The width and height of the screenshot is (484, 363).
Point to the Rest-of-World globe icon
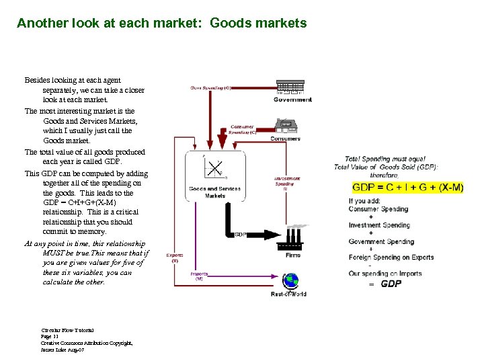[289, 280]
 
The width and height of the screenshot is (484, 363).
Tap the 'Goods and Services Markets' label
[216, 192]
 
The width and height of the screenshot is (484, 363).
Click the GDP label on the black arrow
[241, 235]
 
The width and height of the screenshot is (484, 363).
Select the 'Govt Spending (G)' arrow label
[210, 88]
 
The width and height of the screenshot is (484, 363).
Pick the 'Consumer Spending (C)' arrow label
[243, 129]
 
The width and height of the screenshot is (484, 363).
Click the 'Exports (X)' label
[175, 257]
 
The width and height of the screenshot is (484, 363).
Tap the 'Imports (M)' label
[199, 276]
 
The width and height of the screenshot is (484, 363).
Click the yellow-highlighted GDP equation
[407, 187]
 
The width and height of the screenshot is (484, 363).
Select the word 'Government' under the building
[292, 100]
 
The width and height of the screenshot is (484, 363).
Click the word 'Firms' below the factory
[292, 255]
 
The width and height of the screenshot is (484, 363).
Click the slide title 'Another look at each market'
[161, 24]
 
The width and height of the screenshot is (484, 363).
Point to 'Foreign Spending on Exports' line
[391, 257]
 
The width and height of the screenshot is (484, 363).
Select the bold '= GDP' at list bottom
[386, 284]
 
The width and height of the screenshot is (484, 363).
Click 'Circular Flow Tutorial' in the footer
[67, 331]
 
